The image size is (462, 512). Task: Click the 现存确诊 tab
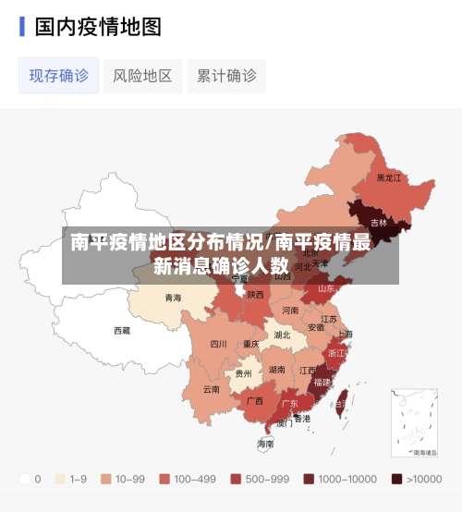coord(59,76)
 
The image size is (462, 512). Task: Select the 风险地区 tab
coord(142,76)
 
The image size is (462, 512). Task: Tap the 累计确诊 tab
coord(226,76)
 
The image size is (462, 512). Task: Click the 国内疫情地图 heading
coord(98,26)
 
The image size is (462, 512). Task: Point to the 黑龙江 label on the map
coord(389,177)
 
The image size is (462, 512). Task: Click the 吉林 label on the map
coord(379,223)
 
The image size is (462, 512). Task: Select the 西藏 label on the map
coord(122,330)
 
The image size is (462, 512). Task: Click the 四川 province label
coord(218,344)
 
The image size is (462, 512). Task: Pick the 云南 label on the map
coord(211,389)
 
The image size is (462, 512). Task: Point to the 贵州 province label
coord(243,373)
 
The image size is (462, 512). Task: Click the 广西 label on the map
coord(255,401)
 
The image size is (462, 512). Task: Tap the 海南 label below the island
coord(265,445)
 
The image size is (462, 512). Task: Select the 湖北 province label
coord(282,335)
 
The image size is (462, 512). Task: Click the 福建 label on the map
coord(322,381)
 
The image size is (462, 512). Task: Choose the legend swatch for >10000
coord(397,479)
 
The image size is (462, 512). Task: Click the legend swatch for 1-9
coord(61,479)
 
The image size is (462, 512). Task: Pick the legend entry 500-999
coord(236,479)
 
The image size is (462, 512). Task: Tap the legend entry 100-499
coord(164,479)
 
